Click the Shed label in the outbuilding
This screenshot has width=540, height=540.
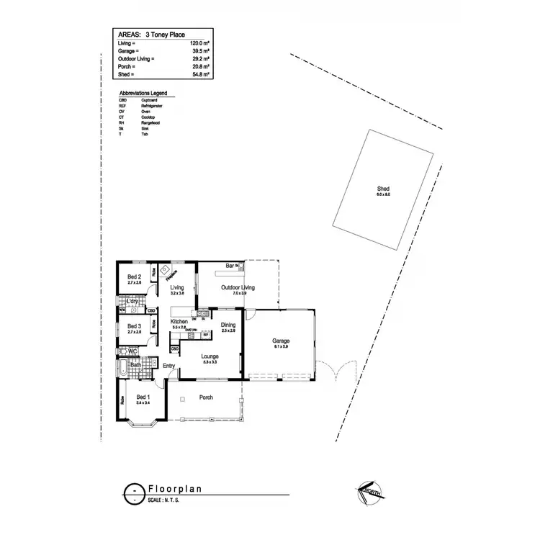point(382,188)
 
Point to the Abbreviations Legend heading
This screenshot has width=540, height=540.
point(146,94)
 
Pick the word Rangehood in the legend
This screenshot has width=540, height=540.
point(150,122)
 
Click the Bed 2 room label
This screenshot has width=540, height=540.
point(134,276)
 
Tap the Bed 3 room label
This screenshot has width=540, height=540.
point(134,326)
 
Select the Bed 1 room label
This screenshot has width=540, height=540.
point(143,397)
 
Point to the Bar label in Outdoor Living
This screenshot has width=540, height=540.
point(230,266)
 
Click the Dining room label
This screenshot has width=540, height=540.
point(228,325)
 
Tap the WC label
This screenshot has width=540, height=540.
point(132,351)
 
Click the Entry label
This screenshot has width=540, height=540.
point(168,366)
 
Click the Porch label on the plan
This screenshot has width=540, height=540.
point(205,397)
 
